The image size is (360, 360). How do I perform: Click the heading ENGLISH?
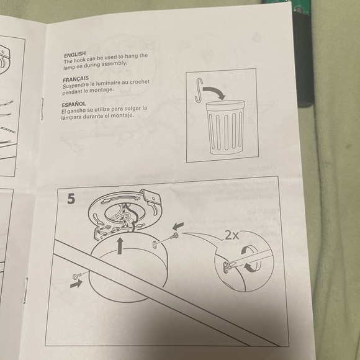click(75, 55)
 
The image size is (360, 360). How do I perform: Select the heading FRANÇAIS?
click(76, 79)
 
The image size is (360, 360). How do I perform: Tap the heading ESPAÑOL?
click(74, 104)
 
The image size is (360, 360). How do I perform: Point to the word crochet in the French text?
click(140, 82)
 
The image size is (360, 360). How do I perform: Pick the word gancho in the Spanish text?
click(75, 111)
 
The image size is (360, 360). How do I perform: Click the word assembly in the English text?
click(114, 64)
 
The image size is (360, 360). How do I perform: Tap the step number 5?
click(71, 199)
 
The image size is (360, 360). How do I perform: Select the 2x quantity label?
click(232, 235)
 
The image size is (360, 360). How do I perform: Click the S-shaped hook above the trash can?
click(199, 90)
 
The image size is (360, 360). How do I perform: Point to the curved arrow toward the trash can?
click(214, 91)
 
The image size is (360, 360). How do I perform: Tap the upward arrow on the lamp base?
click(120, 246)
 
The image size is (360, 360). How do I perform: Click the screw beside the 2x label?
click(174, 236)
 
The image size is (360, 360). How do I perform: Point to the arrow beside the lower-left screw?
click(76, 284)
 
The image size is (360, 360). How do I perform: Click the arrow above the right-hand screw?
click(178, 226)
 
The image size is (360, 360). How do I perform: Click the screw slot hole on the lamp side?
click(155, 244)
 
